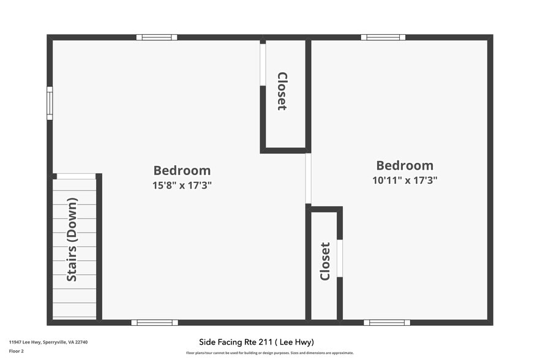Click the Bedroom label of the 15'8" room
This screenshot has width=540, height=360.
pos(182,171)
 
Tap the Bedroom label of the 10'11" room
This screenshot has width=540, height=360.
pos(405,165)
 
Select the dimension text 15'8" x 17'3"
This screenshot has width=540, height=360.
pos(182,185)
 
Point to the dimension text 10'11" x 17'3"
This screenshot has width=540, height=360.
pos(405,180)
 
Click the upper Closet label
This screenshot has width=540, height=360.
pos(282,91)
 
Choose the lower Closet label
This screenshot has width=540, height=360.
pos(325,261)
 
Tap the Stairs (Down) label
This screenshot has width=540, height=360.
pos(72,239)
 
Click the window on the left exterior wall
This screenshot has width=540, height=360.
pos(50,103)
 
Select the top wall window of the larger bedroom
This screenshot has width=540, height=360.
pos(157,37)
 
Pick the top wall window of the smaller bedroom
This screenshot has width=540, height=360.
pos(383,37)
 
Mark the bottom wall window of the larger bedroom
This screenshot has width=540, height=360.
pos(154,323)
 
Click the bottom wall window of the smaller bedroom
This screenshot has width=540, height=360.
pos(387,323)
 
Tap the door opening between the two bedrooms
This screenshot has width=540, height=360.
pos(308,178)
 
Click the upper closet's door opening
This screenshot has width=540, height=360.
pos(263,64)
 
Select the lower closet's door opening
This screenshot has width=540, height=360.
pos(340,258)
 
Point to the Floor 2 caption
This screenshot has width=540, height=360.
pos(17,351)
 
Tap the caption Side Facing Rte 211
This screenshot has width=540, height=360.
pos(257,342)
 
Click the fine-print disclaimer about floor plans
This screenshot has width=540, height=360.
pos(269,353)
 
